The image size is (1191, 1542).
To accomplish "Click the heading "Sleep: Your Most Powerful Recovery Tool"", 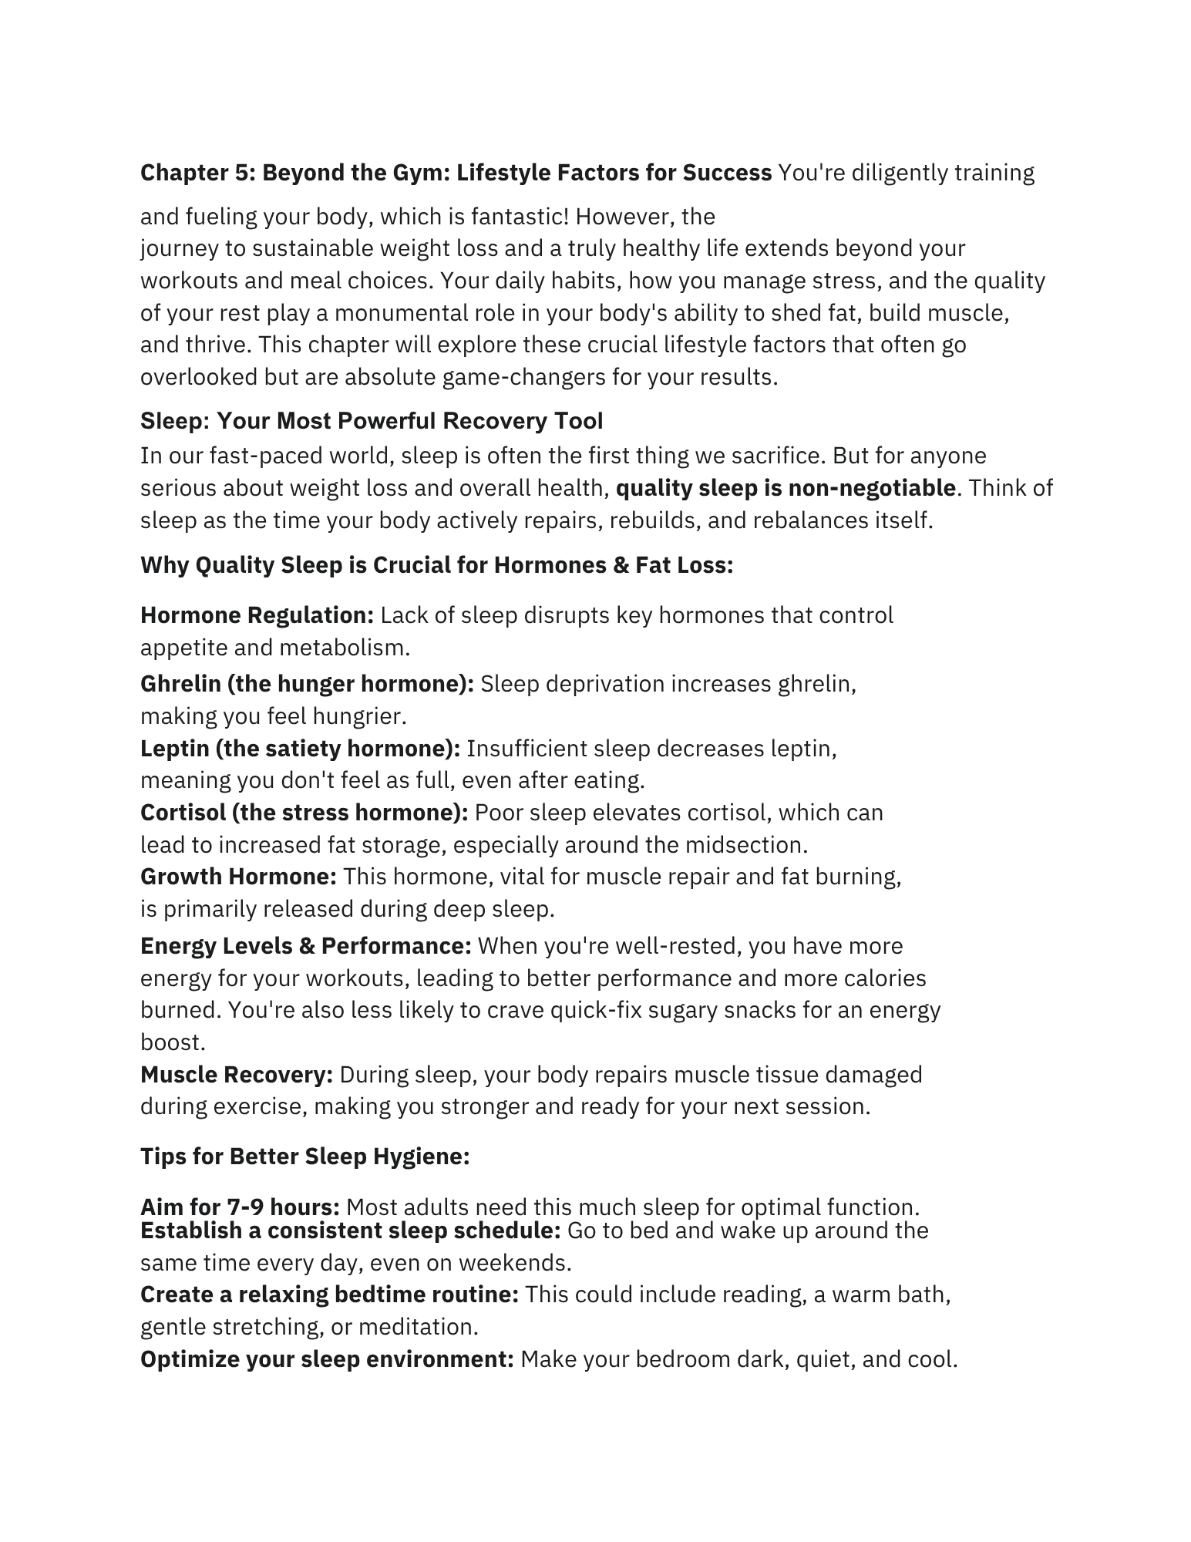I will tap(372, 421).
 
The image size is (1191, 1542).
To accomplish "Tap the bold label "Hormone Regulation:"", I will tap(257, 615).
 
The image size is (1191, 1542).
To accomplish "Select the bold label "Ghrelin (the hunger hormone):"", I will tap(307, 684).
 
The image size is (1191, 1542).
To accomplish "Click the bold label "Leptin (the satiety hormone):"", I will tap(300, 749).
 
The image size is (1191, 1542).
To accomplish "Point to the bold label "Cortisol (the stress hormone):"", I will tap(304, 813).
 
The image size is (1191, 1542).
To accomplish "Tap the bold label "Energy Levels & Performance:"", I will tap(305, 946).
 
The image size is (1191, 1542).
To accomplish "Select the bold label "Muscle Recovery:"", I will tap(237, 1075).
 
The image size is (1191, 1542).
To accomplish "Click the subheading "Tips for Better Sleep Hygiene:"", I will tap(304, 1156).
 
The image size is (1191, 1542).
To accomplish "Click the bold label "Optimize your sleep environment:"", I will tap(327, 1359).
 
